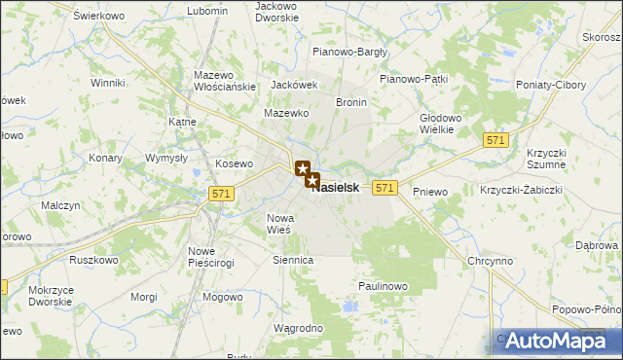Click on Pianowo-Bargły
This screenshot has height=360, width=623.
coord(349,52)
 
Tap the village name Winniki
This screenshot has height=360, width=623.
coord(107,84)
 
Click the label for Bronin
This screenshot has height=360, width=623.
coord(350,101)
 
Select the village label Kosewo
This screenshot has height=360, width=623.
coord(234,164)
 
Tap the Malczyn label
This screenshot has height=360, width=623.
coord(59,205)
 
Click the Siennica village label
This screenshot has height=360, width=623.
coord(293,261)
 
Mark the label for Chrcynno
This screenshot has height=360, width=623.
coord(490,262)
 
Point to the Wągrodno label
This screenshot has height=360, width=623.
coord(298,329)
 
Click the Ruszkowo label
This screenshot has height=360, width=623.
coord(93,261)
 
